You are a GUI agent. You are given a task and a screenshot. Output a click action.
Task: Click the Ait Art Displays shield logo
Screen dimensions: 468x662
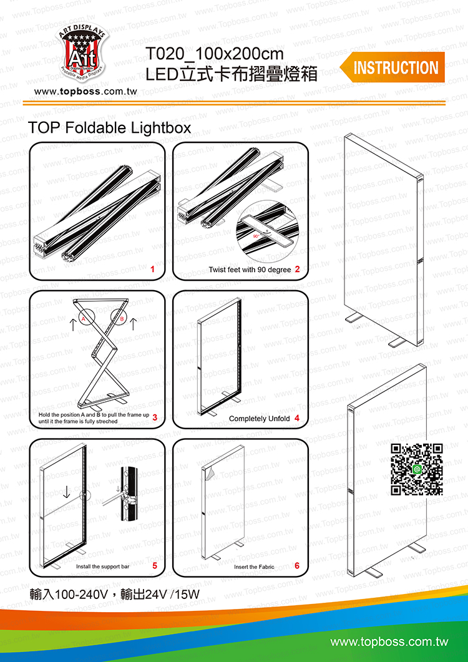[83, 52]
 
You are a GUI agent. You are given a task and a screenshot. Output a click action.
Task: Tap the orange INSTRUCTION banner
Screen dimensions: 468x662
[392, 67]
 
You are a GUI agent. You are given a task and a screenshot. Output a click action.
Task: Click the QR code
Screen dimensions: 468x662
[417, 469]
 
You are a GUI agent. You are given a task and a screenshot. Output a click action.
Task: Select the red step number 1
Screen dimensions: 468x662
[152, 269]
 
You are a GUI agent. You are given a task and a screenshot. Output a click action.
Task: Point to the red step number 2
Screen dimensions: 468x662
[298, 269]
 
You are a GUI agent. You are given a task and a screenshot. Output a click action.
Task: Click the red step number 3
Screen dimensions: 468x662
[155, 417]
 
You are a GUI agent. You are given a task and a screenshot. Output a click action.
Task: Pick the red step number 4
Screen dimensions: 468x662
[298, 418]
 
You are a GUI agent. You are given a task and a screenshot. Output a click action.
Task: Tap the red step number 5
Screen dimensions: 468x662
[155, 565]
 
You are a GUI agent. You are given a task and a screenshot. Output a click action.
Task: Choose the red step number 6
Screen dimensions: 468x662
[297, 565]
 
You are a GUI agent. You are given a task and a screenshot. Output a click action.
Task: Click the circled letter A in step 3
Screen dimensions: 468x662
[84, 319]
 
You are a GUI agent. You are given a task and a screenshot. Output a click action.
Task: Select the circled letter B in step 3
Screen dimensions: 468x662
[122, 319]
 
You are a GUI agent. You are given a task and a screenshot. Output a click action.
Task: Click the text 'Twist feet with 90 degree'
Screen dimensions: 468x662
[250, 270]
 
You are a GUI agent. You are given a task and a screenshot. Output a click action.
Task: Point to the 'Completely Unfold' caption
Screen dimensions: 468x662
[260, 419]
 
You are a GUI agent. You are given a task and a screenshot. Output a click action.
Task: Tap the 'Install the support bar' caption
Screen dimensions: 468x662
[102, 567]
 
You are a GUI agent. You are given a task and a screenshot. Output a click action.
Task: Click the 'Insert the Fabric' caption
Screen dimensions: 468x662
[254, 567]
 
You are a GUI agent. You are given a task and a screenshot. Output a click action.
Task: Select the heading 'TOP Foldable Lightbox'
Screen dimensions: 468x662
[109, 128]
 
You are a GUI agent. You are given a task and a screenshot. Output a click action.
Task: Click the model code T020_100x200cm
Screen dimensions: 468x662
[215, 54]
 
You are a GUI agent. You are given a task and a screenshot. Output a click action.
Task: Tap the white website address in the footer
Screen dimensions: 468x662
[389, 642]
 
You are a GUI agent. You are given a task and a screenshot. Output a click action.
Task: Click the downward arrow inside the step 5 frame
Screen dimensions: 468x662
[66, 492]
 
